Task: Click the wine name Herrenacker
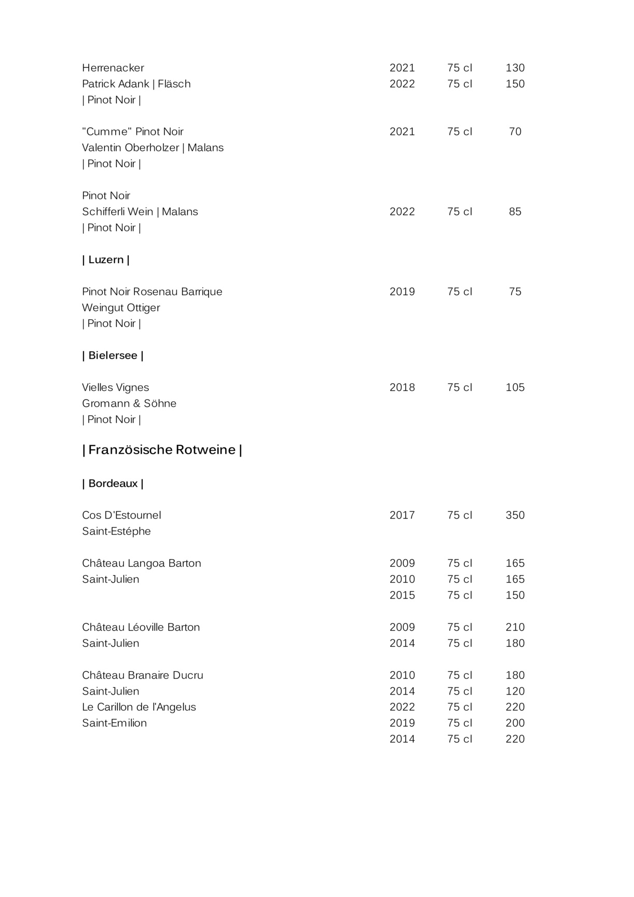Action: click(113, 68)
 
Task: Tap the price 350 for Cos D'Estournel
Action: click(515, 515)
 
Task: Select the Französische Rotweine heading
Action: click(162, 450)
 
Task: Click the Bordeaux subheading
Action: click(113, 484)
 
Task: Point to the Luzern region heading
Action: click(106, 260)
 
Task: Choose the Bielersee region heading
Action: click(113, 356)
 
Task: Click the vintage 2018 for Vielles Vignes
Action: click(402, 388)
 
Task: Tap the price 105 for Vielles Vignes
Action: click(515, 388)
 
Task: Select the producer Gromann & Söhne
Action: click(129, 404)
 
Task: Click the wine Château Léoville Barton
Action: click(141, 628)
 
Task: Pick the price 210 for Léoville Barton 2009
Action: click(515, 628)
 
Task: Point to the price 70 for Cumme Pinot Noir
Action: click(515, 132)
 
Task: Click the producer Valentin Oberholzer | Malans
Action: click(153, 148)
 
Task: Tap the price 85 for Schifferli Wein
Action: click(515, 212)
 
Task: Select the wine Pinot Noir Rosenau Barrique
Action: click(152, 292)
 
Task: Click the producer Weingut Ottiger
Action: click(121, 308)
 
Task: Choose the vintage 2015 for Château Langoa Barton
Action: click(402, 595)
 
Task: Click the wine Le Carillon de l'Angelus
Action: click(139, 708)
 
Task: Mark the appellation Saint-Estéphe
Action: click(116, 532)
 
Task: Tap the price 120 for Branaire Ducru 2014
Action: click(515, 691)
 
